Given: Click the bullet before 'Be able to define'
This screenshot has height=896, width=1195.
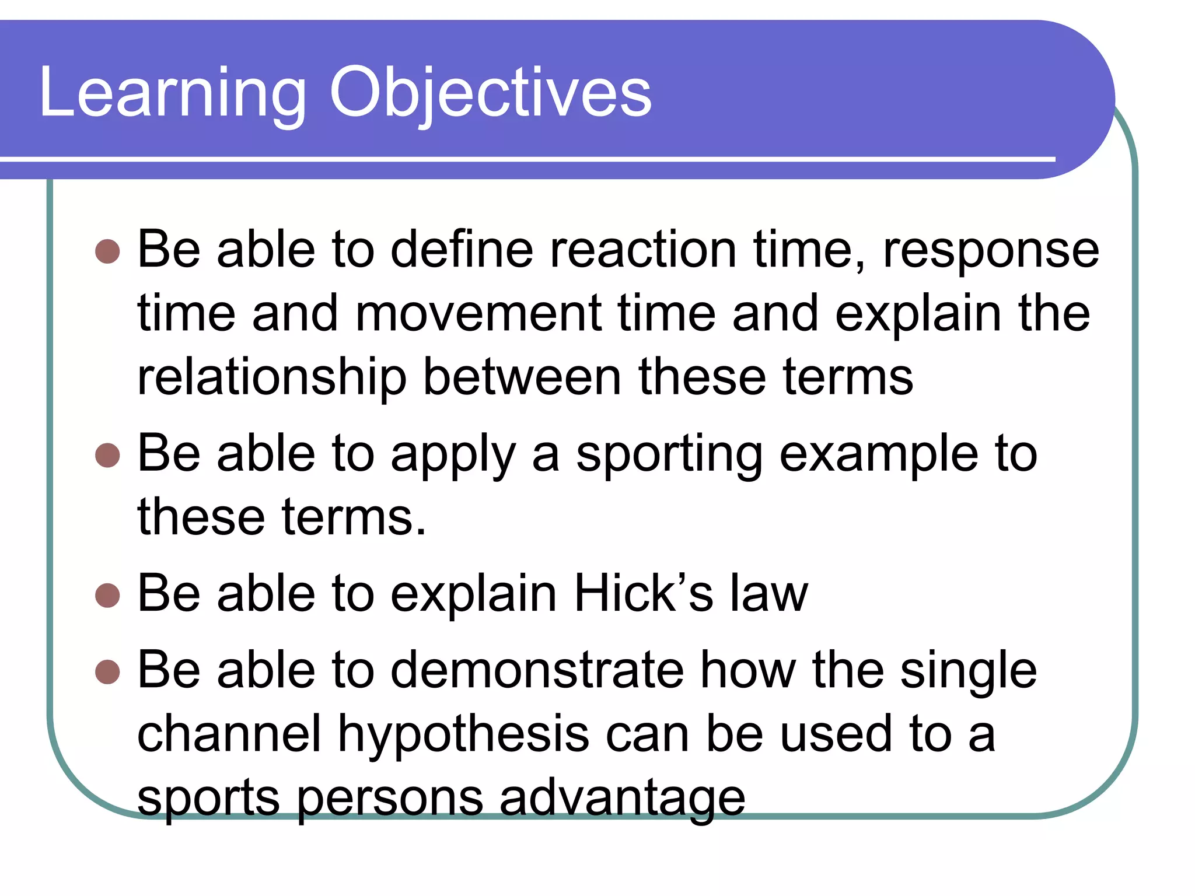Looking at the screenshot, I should coord(107,251).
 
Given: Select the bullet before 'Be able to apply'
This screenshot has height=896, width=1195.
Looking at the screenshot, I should coord(107,455).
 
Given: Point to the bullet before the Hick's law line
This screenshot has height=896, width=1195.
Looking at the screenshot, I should coord(107,596).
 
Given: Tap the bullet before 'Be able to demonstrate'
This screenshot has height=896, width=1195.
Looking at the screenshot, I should coord(107,672).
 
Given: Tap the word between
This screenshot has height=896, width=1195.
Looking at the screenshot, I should coord(522,378).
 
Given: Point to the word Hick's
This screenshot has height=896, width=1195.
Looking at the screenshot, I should coord(644,594).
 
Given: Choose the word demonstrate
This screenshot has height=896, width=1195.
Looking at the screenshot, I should coord(537,671).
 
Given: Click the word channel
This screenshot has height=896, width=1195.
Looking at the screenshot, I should coord(229,734).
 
